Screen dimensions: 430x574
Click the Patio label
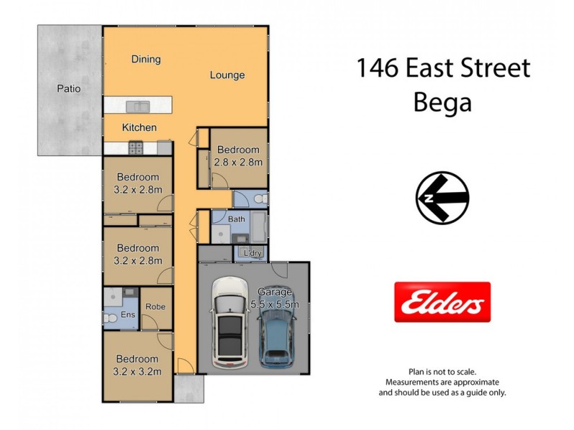pos(69,90)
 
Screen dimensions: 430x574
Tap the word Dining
pos(146,59)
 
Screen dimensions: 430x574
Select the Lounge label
pos(227,75)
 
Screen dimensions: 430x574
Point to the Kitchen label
pos(139,128)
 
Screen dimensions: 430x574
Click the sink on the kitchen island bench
pos(138,107)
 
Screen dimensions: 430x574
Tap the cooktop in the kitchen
pos(136,148)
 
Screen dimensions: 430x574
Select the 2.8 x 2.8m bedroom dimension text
pos(239,162)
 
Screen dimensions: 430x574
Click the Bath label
pos(237,219)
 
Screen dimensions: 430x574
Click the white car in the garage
pos(230,322)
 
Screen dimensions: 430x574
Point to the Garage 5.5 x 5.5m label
pos(276,298)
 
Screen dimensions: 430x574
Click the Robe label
pos(155,307)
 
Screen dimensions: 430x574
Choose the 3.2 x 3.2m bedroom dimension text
pos(138,371)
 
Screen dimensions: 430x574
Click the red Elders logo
pos(443,302)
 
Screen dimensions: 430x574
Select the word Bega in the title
pos(443,102)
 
